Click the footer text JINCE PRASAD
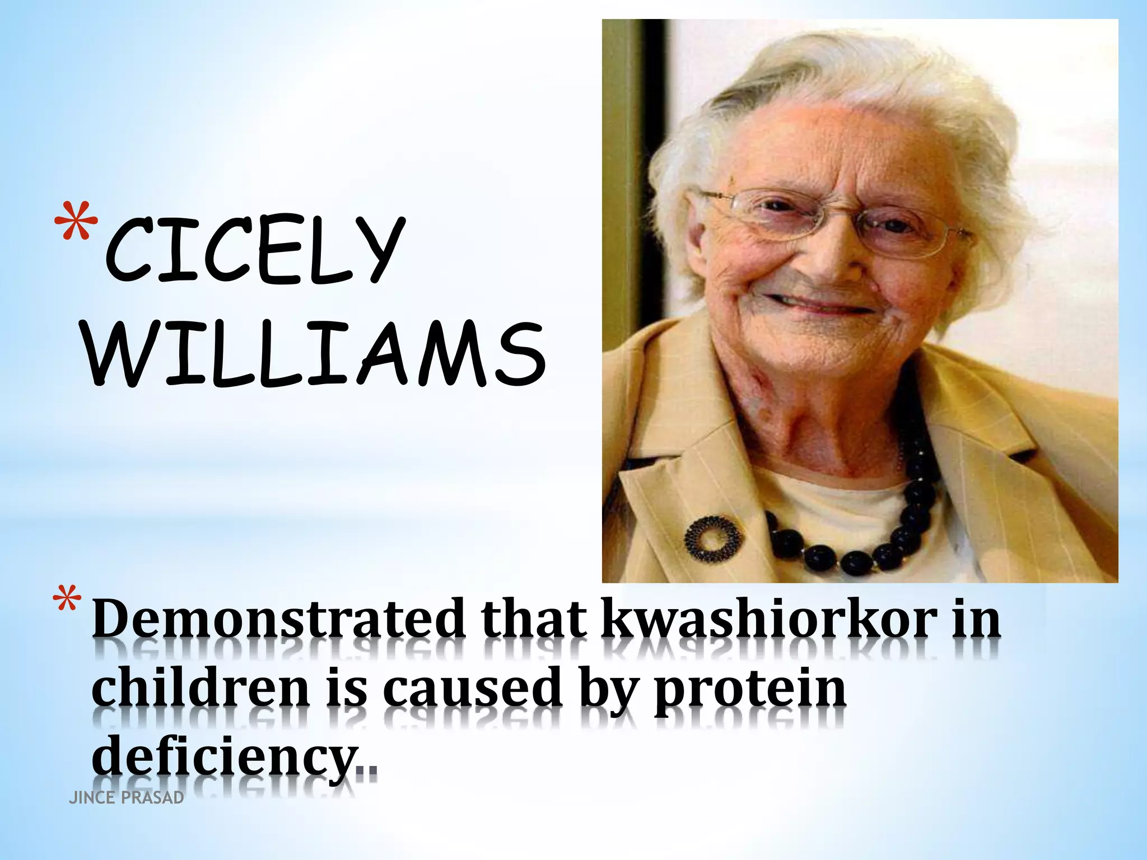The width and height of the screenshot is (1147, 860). (x=126, y=798)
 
